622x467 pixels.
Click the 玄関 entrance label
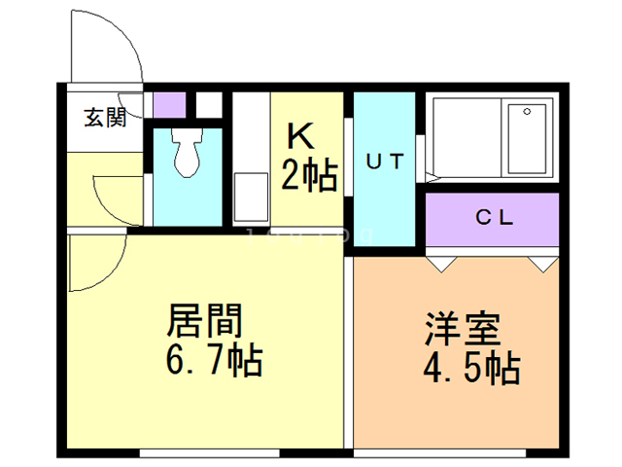pos(105,119)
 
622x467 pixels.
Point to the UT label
pos(384,162)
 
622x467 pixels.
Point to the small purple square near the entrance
pos(169,103)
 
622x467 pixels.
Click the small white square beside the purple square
pos(210,103)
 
